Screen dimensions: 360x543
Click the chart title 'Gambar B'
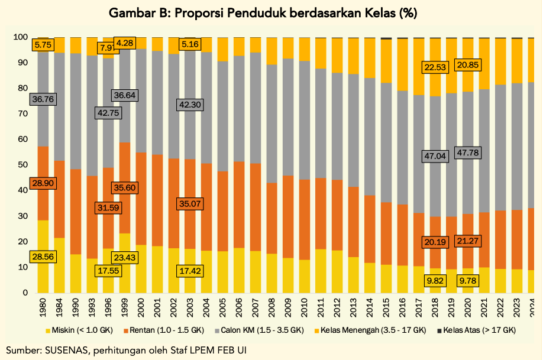pos(271,14)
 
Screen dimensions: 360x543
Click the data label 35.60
pos(124,187)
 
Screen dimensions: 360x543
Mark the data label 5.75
pos(43,44)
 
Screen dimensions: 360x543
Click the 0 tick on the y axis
pos(24,293)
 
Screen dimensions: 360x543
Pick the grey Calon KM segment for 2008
pos(273,124)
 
